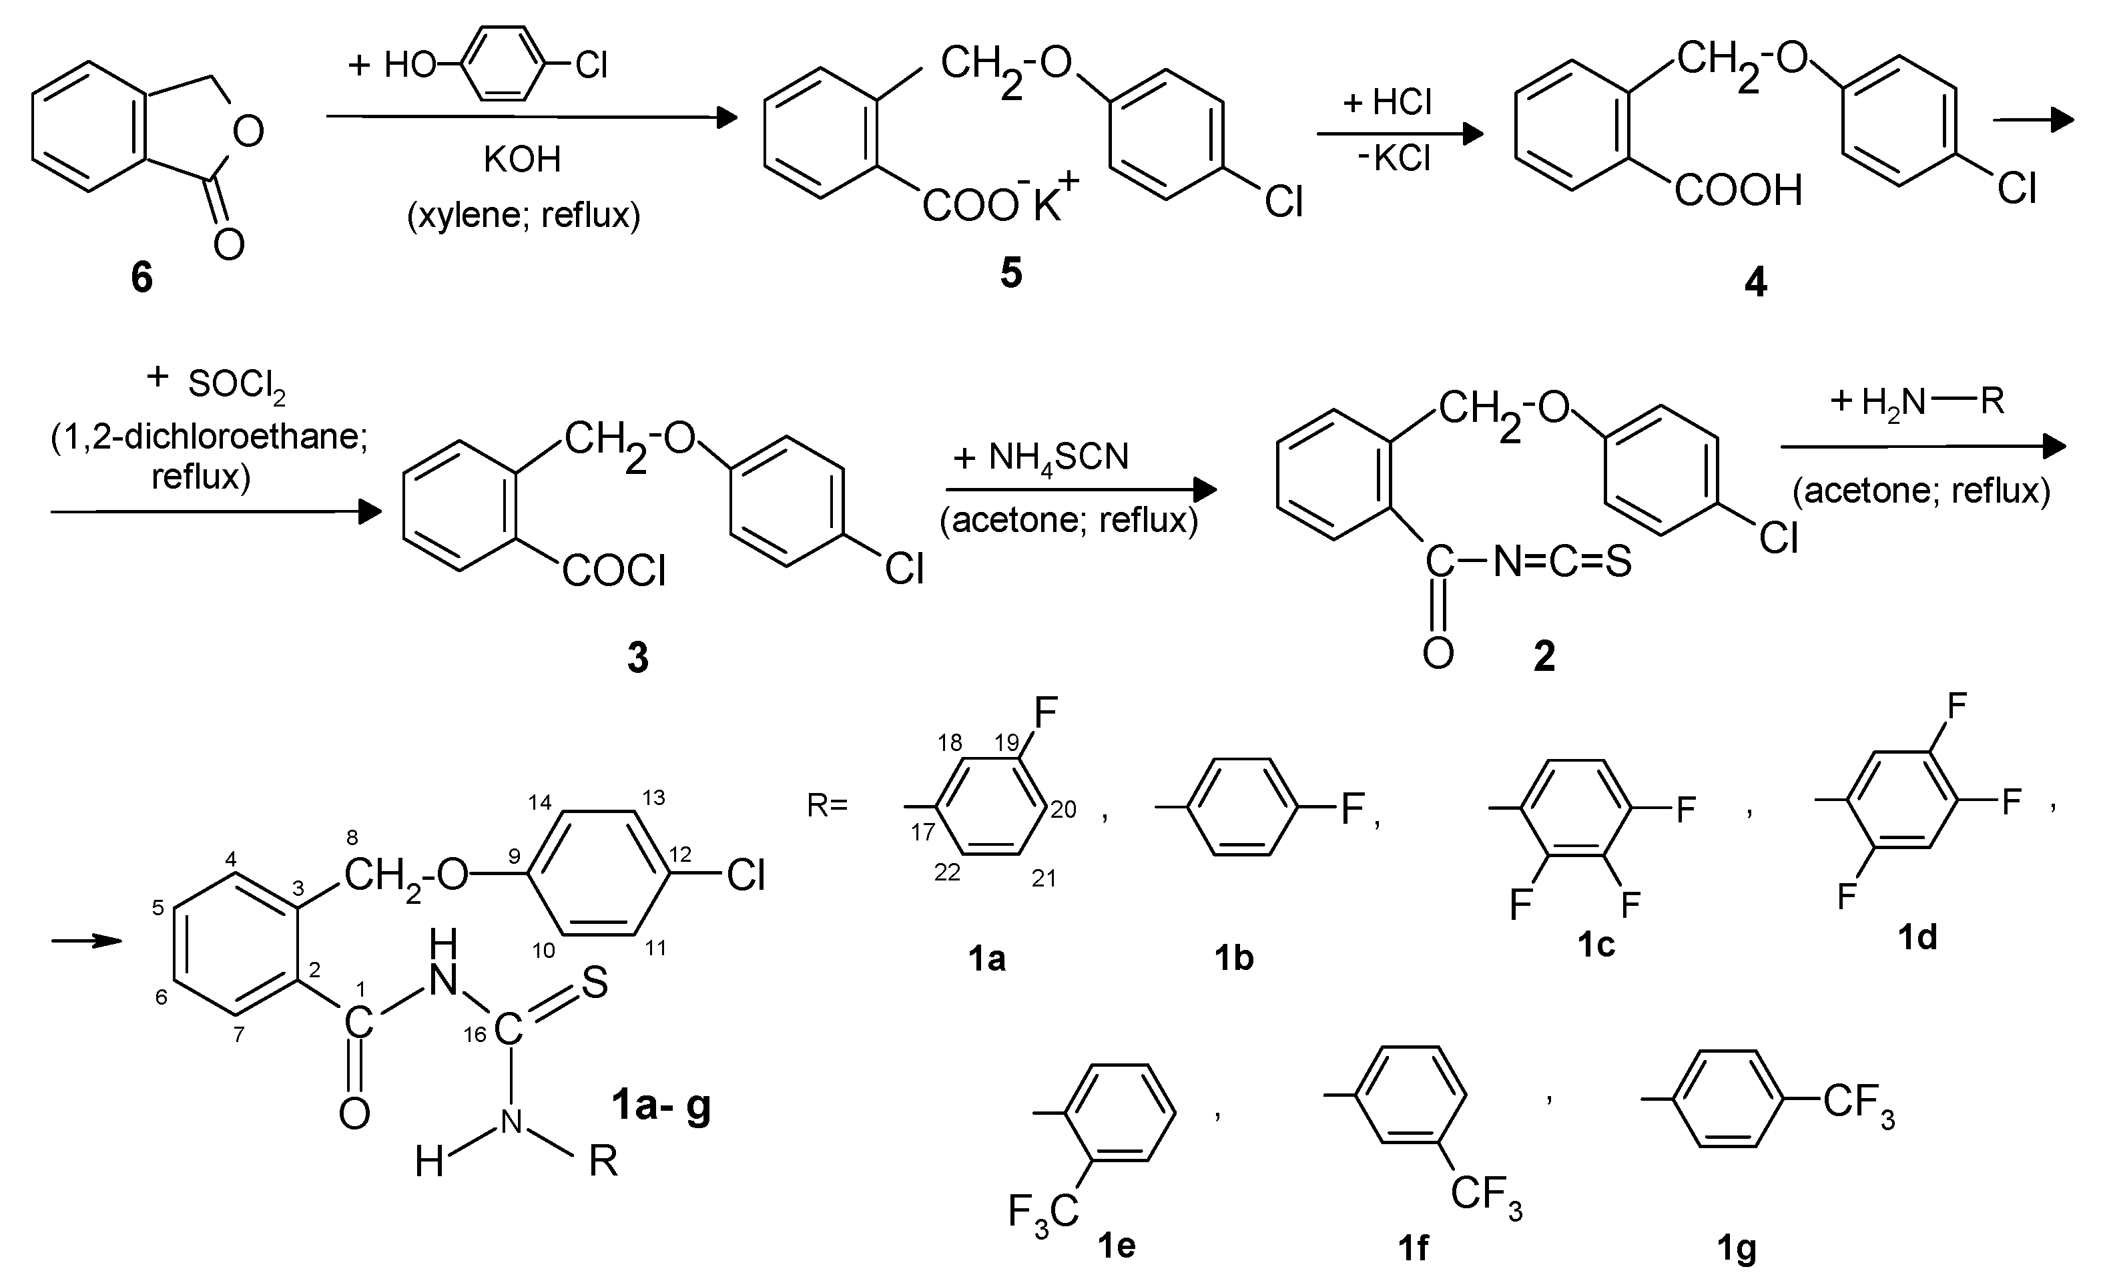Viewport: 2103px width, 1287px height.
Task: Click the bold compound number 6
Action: pos(141,278)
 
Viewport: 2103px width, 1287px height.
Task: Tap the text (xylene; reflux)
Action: pos(523,214)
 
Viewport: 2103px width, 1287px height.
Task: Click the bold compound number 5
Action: pos(1010,273)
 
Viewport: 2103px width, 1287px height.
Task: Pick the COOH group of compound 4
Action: pos(1738,190)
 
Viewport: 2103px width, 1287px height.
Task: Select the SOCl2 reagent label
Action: pos(236,385)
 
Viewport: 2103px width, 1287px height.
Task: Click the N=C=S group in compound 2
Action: pos(1562,561)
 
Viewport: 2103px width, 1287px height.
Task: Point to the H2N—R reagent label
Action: pos(1917,401)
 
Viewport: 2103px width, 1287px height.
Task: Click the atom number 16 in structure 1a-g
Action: pos(475,1035)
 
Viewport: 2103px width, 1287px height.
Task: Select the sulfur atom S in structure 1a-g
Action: pos(595,983)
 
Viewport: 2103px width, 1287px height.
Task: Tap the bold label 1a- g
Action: pos(661,1105)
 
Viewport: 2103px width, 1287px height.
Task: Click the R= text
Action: pos(827,805)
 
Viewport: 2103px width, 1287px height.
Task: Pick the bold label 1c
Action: pos(1595,945)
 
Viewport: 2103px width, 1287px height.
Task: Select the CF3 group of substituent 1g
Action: pos(1858,1103)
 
